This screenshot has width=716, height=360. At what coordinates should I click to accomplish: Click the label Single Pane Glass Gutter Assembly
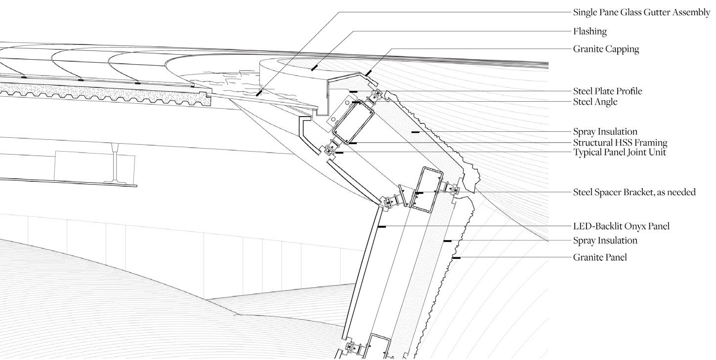tap(641, 12)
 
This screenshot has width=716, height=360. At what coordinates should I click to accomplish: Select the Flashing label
tap(590, 32)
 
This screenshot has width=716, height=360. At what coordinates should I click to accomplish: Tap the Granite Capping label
tap(606, 49)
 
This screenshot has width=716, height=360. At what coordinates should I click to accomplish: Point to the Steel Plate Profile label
tap(607, 91)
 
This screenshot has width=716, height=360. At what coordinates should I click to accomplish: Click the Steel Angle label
tap(595, 102)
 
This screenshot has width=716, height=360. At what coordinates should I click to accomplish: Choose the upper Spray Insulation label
tap(605, 132)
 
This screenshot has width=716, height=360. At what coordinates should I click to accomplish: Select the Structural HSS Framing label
tap(620, 143)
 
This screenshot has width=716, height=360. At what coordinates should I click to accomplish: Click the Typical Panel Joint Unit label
tap(619, 153)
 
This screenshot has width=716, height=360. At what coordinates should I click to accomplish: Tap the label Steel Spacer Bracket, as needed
tap(634, 192)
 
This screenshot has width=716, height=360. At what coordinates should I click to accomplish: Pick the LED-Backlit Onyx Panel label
tap(621, 226)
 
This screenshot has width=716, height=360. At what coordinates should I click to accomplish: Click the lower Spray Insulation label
tap(605, 240)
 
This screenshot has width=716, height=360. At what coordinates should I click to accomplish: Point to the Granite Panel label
tap(600, 257)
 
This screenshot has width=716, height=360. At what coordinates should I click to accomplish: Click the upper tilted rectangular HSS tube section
tap(352, 121)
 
